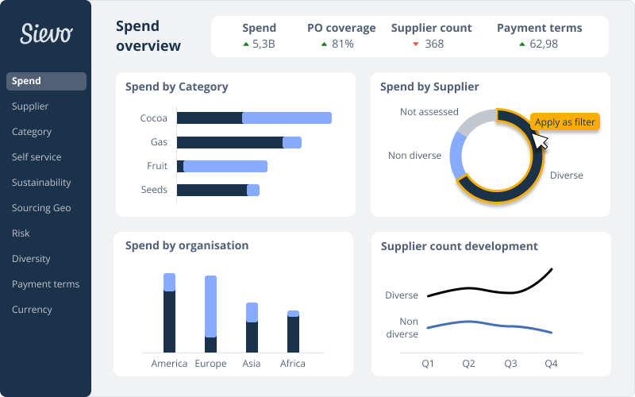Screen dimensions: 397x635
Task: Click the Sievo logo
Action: pos(46,33)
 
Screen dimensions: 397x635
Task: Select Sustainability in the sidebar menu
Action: pos(41,183)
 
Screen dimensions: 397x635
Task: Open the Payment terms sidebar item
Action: pos(45,284)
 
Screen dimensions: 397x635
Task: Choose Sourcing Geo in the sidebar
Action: pos(41,208)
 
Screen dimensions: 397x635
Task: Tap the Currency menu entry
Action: pos(32,310)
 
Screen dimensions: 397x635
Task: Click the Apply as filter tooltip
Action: pos(564,122)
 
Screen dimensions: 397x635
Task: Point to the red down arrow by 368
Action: pos(415,44)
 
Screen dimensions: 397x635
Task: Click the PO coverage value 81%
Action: pos(342,44)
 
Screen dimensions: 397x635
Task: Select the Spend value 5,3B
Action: pos(264,44)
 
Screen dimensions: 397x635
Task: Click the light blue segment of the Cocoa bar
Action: pos(287,118)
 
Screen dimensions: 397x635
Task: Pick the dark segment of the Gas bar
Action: pos(229,143)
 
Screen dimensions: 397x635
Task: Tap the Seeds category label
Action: pos(154,190)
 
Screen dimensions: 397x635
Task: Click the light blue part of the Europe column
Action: pos(210,306)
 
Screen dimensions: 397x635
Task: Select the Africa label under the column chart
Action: pos(293,364)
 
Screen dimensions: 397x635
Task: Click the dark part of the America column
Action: pos(169,322)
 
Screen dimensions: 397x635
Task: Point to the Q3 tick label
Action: pos(510,364)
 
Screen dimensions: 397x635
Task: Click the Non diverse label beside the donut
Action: pos(414,156)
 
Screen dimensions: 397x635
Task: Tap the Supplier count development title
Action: pos(459,247)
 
